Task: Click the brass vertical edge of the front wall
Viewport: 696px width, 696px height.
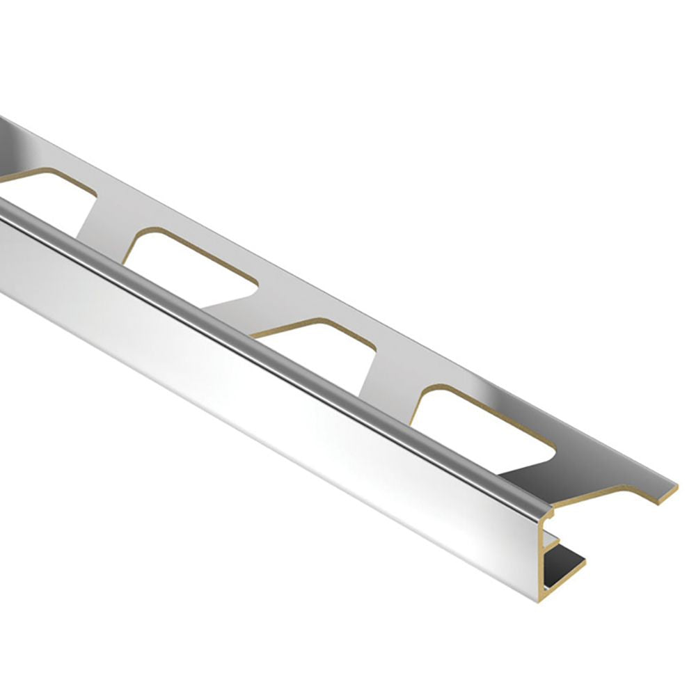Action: click(544, 557)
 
